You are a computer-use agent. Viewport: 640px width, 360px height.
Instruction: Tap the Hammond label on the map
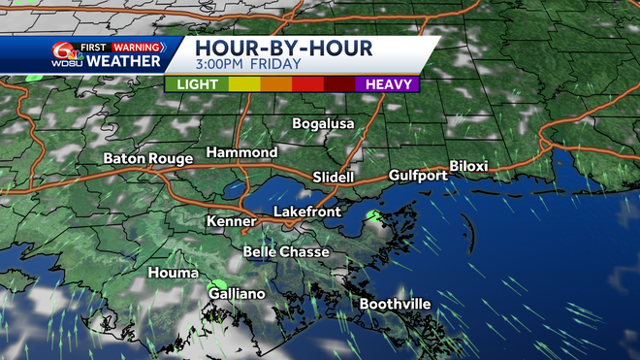pos(241,153)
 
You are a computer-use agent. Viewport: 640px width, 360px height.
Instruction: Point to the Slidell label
pos(335,177)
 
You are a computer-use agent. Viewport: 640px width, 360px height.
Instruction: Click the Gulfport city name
pos(418,176)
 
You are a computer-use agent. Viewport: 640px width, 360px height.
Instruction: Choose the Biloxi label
pos(468,167)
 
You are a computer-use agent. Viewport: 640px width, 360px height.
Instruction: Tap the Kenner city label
pos(231,222)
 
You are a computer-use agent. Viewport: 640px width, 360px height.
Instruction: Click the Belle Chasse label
pos(286,252)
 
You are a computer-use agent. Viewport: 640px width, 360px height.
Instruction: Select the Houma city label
pos(173,273)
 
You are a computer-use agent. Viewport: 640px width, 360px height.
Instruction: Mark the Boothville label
pos(395,304)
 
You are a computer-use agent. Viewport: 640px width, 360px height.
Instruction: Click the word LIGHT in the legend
pos(198,84)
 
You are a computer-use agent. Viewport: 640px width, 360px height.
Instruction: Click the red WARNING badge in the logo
pos(138,45)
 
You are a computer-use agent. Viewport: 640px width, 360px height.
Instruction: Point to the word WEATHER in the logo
pos(124,60)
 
